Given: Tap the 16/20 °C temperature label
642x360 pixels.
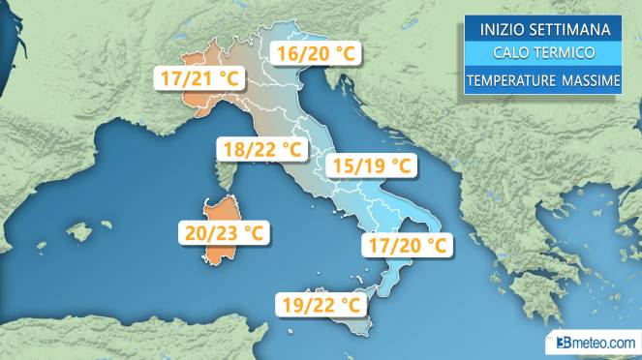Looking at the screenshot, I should pos(314,54).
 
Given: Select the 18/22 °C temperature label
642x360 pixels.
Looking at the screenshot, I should pos(260,150).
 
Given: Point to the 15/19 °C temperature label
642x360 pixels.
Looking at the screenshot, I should pos(371,165).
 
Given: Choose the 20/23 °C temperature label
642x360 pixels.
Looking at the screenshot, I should pos(223,233).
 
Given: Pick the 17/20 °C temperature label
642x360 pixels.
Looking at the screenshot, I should pos(407,246).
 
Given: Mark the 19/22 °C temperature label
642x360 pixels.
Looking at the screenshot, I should pos(323,305).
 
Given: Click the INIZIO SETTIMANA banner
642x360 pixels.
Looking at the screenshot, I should pos(541,27).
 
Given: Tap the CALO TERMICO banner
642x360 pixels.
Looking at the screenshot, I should pos(541,53).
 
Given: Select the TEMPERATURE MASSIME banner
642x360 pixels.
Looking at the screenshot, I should pos(541,81).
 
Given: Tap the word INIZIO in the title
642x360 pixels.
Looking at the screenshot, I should pos(497,27).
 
